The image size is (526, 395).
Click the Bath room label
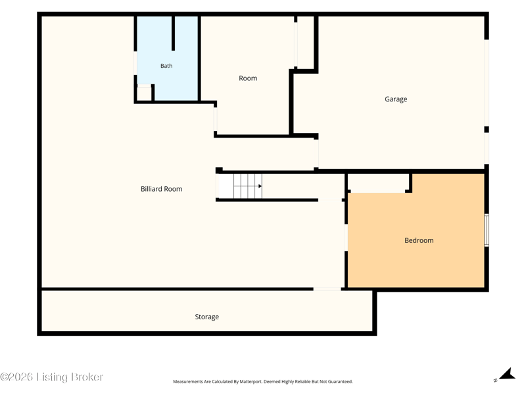[x=166, y=66]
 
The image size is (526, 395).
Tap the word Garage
[x=396, y=99]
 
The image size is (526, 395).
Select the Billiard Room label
[x=161, y=189]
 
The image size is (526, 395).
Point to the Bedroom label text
[x=419, y=240]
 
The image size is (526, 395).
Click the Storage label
[x=206, y=317]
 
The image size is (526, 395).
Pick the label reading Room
[x=248, y=78]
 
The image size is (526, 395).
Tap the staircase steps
[x=248, y=186]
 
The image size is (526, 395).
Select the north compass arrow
[x=507, y=374]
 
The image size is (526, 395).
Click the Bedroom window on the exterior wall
[x=487, y=230]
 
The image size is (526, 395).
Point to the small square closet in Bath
[x=144, y=93]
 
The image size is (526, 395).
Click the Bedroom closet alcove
[x=379, y=183]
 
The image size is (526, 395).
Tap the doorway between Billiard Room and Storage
[x=327, y=289]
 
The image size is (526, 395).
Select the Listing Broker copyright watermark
[x=52, y=377]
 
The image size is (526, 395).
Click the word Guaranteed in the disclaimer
[x=340, y=382]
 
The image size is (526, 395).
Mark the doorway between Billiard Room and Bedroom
[x=347, y=238]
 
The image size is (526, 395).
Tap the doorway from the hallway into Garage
[x=316, y=153]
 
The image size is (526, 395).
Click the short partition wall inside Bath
[x=173, y=34]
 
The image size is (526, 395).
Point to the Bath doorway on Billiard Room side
[x=135, y=63]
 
